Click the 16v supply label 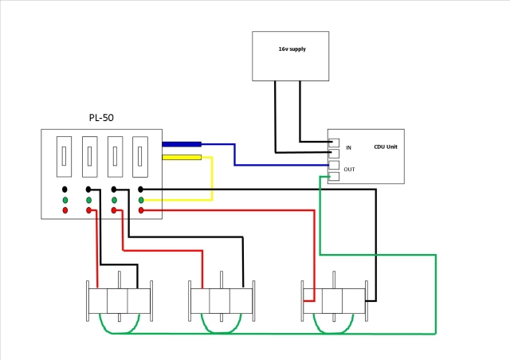292,49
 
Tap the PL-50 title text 101,117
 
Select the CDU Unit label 386,147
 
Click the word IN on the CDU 348,147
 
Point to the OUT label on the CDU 349,170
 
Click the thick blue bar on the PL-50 182,144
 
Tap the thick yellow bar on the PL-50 182,158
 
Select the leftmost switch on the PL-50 64,157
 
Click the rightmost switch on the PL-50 140,157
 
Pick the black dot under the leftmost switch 65,190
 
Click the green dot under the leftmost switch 65,200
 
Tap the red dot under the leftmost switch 65,210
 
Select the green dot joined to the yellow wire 141,200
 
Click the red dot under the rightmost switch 141,210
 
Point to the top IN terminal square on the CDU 334,143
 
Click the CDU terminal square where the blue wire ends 334,165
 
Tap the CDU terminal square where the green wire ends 334,176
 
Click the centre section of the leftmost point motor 117,301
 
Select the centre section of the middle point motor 220,301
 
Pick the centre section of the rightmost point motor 332,301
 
